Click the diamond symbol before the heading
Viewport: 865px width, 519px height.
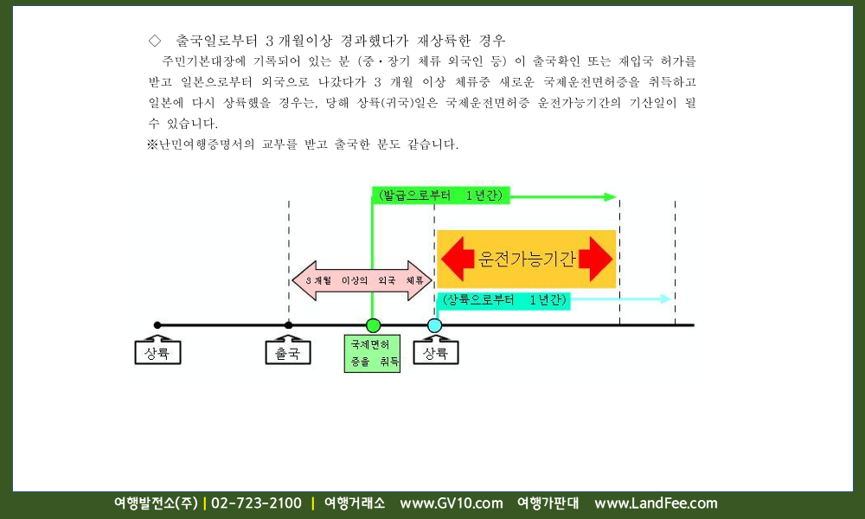click(155, 41)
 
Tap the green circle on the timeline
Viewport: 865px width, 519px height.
click(373, 325)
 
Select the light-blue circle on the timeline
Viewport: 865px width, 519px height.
click(435, 325)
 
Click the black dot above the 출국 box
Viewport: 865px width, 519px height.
click(289, 325)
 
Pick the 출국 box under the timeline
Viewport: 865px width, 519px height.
click(288, 352)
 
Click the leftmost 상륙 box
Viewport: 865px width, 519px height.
click(157, 352)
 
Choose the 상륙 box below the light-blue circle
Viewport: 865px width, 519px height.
click(436, 352)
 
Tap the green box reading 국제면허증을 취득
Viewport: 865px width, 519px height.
click(372, 353)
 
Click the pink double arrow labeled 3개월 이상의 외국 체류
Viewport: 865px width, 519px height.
click(362, 281)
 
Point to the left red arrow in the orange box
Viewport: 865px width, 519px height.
click(458, 259)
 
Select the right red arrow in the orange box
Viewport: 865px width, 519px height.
click(595, 259)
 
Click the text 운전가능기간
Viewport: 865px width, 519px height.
click(526, 259)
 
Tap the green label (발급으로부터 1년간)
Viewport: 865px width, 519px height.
click(441, 195)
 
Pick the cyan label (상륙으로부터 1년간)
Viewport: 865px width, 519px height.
click(504, 300)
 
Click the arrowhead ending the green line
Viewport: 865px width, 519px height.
click(610, 196)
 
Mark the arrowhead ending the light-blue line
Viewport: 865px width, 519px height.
click(665, 299)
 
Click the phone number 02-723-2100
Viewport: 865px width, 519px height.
click(257, 503)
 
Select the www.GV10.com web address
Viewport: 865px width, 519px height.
click(452, 503)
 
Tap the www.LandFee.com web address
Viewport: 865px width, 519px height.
click(656, 503)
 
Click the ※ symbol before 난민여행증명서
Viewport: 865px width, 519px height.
click(153, 144)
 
